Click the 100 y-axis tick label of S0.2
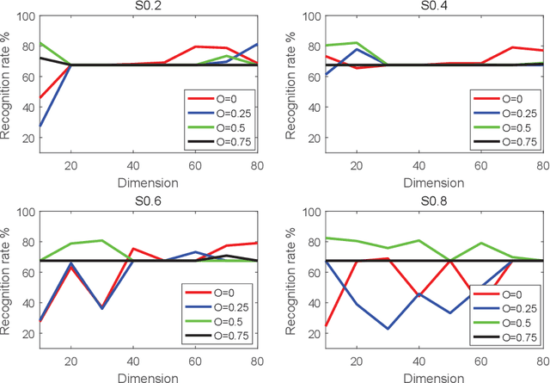coord(26,16)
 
